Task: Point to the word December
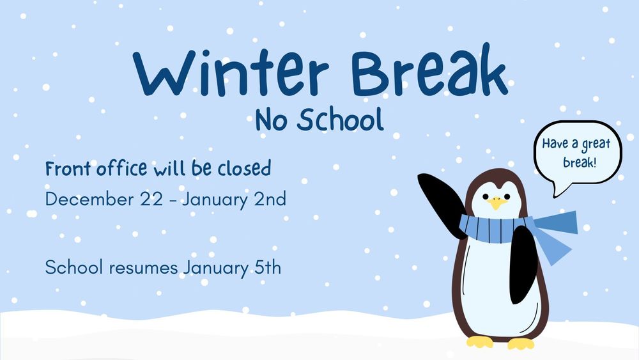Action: (x=89, y=199)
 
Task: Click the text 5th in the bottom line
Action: (x=264, y=267)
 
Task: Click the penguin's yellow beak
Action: (x=497, y=203)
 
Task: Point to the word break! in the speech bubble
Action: (x=580, y=162)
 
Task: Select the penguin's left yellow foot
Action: (x=480, y=342)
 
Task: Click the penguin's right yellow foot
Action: (x=521, y=344)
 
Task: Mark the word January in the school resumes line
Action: (x=211, y=267)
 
